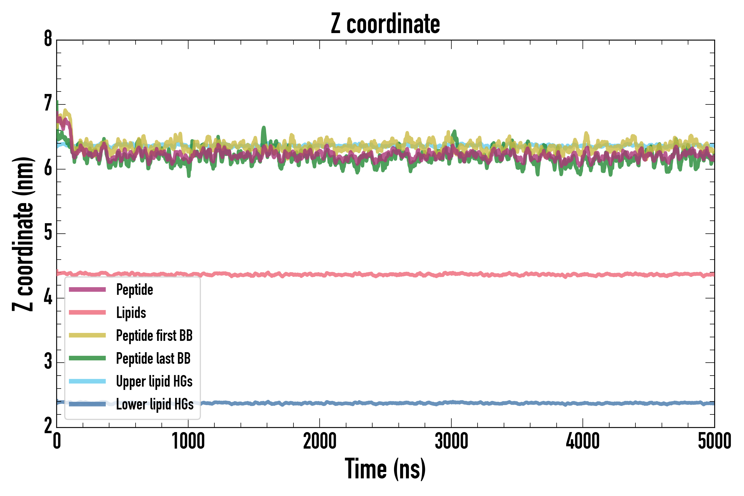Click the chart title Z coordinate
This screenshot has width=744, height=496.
click(385, 24)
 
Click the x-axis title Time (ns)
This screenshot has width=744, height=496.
click(385, 468)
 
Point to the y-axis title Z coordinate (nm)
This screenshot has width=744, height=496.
click(23, 234)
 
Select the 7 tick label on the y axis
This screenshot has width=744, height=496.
click(48, 104)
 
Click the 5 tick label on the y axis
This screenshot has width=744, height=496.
click(48, 233)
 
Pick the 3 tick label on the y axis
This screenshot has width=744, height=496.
click(48, 362)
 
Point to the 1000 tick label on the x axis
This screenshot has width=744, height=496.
click(188, 441)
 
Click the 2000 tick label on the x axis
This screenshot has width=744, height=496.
click(319, 441)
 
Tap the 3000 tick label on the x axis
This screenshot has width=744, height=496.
click(451, 441)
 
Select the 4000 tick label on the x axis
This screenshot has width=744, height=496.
click(583, 441)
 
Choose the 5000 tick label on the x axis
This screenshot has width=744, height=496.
click(714, 441)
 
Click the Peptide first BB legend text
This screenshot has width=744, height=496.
click(154, 336)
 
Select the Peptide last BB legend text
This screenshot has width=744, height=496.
click(153, 358)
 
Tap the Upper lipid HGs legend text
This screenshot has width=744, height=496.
click(154, 381)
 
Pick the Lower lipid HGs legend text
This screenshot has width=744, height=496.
click(155, 404)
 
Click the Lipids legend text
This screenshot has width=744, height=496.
click(131, 313)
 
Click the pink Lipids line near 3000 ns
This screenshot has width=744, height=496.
click(451, 273)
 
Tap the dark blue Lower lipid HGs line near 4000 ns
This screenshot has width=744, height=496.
click(583, 403)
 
